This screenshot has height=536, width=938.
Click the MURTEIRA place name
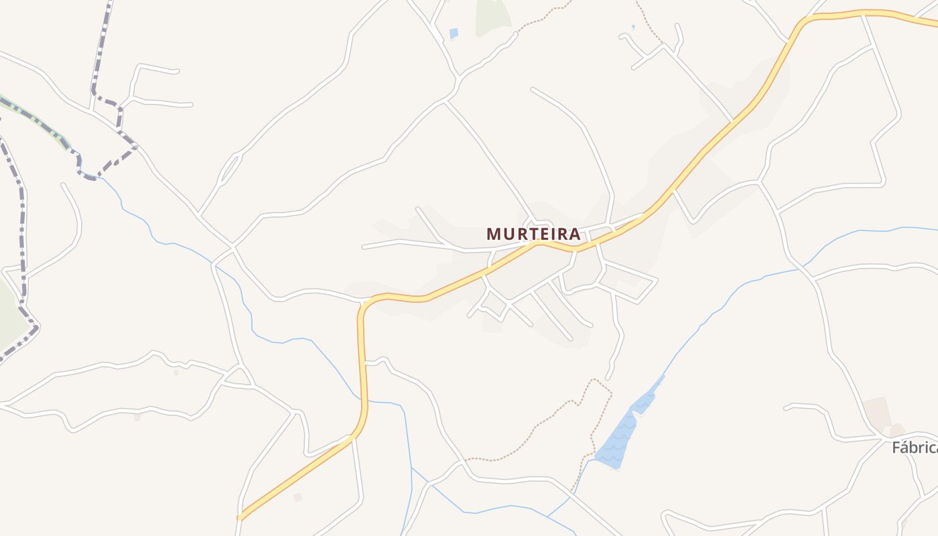[533, 234]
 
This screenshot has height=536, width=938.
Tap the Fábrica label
[915, 448]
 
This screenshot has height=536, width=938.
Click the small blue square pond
[454, 33]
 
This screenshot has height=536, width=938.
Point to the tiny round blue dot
[633, 27]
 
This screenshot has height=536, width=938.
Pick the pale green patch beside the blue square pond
[492, 17]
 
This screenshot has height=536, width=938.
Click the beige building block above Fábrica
[877, 411]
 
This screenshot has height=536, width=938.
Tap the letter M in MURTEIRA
[493, 234]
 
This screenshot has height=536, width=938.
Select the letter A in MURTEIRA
[574, 234]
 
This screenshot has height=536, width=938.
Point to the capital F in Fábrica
[896, 448]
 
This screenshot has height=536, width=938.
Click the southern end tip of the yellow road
[241, 517]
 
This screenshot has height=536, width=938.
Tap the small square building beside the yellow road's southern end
[297, 497]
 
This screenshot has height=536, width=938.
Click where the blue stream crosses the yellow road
[364, 402]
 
